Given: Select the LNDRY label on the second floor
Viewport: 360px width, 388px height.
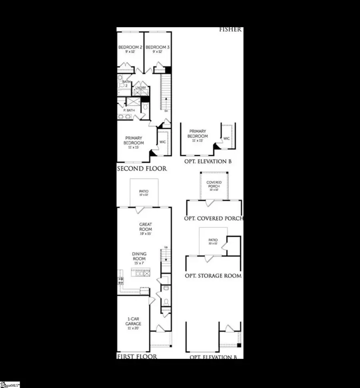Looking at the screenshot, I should pyautogui.click(x=141, y=88).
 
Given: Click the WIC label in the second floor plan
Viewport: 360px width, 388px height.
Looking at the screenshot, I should pyautogui.click(x=162, y=142).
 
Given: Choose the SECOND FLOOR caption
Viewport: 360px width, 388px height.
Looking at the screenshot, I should pyautogui.click(x=142, y=169).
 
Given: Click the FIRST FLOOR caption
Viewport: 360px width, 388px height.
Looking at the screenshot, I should pyautogui.click(x=137, y=356).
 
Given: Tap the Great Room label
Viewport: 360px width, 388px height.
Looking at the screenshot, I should pyautogui.click(x=145, y=227).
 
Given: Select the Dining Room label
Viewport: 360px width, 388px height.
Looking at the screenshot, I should pyautogui.click(x=139, y=256).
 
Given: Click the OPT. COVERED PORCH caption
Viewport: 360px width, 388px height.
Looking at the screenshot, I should pyautogui.click(x=214, y=218).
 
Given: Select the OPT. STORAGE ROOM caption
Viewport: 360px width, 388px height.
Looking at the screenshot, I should pyautogui.click(x=213, y=276).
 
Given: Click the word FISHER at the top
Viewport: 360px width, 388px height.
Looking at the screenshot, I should pyautogui.click(x=230, y=29).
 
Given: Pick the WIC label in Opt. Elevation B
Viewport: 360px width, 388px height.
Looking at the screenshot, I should pyautogui.click(x=226, y=138).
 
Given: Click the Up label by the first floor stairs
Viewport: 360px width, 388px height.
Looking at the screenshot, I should pyautogui.click(x=166, y=248).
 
